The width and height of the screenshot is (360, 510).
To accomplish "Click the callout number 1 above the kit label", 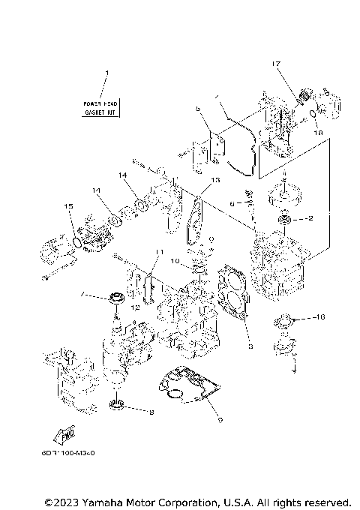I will click(x=106, y=73).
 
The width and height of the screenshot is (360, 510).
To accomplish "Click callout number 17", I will click(x=276, y=65).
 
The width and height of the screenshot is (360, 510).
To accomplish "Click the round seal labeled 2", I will click(x=286, y=219).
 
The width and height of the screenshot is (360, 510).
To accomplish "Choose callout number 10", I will click(x=174, y=262).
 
